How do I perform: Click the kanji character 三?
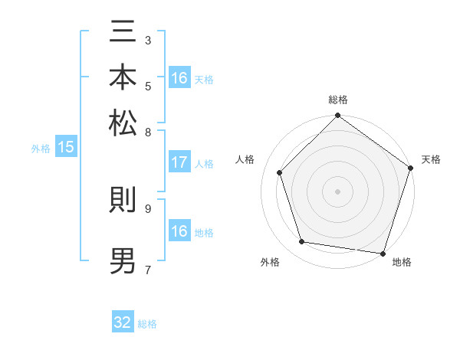pos(123,34)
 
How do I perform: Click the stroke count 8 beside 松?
pos(148,132)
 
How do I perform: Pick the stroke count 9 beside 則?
pos(148,207)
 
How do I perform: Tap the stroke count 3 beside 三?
pos(148,39)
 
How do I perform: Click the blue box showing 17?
pos(179,162)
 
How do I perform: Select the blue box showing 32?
pos(123,322)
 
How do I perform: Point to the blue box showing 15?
pos(66,148)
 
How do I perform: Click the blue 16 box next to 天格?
pos(179,78)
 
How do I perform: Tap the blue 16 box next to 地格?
pos(179,231)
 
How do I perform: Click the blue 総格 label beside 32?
pos(147,324)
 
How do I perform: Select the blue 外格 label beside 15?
pos(41,149)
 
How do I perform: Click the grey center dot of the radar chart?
pos(337,191)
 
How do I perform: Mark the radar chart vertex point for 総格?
pos(337,116)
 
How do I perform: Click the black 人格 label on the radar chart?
pos(245,159)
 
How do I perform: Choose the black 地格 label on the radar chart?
pos(402,263)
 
